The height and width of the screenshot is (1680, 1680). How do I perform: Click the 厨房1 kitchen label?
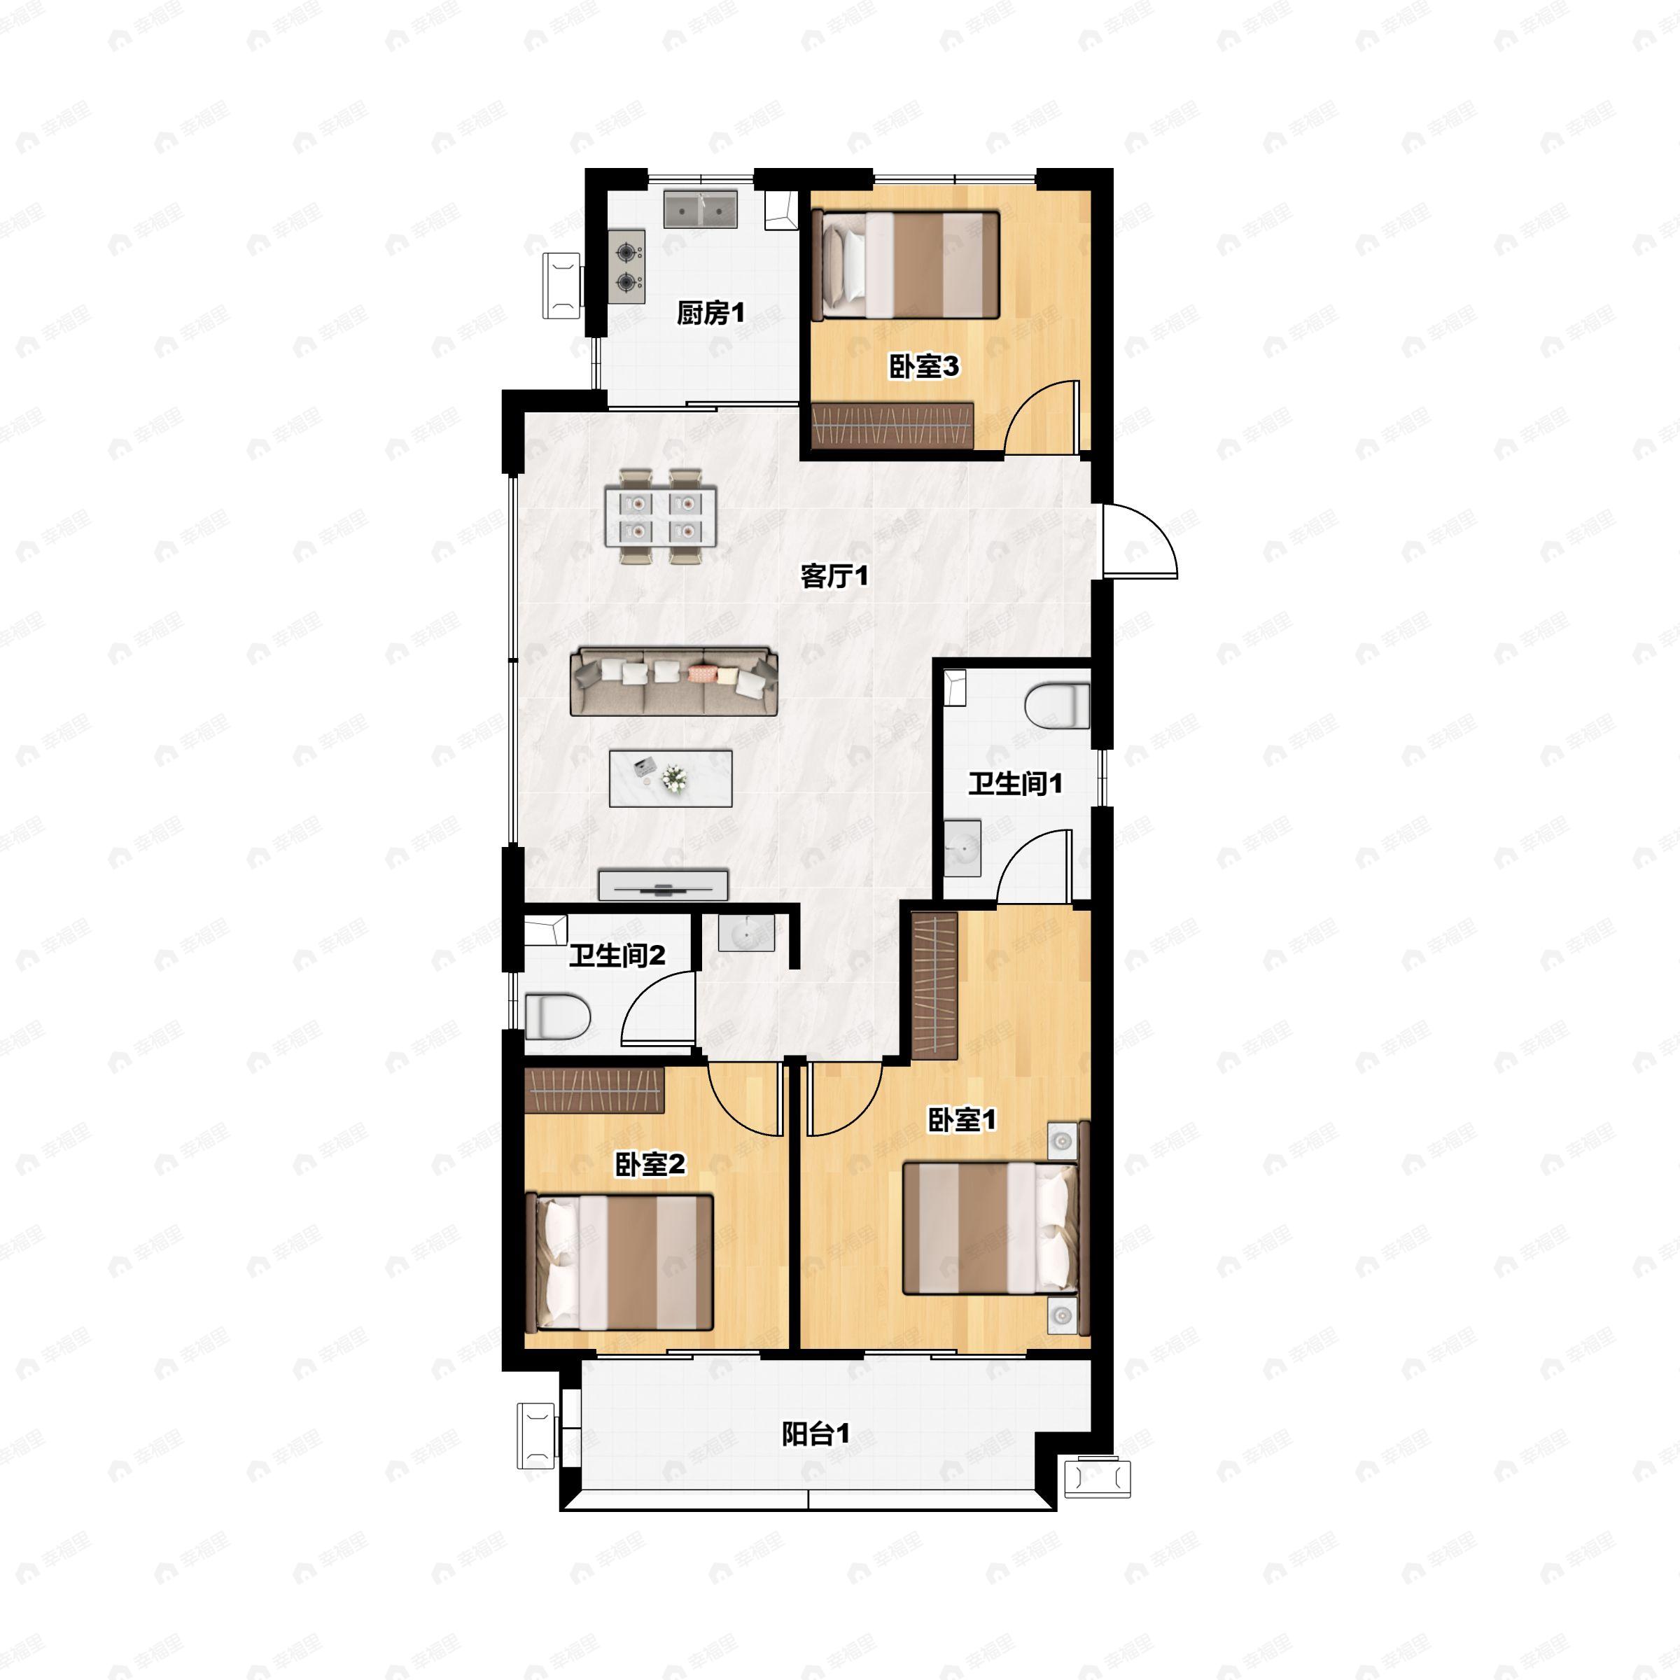tap(710, 312)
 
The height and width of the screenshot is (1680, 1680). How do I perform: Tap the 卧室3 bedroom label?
tap(923, 366)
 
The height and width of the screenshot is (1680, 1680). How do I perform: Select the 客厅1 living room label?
tap(834, 575)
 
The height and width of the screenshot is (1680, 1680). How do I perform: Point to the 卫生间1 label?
tap(1015, 783)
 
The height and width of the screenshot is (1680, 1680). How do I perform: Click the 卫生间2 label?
tap(617, 955)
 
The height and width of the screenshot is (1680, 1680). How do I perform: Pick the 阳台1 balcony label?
tap(815, 1434)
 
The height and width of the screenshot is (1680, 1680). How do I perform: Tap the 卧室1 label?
tap(962, 1119)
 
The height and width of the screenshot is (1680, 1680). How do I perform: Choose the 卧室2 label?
tap(650, 1163)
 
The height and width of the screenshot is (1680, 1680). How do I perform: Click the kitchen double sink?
tap(700, 209)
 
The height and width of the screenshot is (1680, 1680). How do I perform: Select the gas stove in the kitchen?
tap(626, 267)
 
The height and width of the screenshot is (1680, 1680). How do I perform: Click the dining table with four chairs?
tap(661, 517)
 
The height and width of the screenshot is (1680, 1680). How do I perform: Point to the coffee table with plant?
tap(670, 778)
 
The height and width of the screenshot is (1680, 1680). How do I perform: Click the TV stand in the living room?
tap(663, 884)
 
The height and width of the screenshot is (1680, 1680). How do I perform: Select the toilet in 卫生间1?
tap(1056, 705)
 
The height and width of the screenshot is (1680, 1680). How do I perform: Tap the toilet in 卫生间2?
tap(556, 1016)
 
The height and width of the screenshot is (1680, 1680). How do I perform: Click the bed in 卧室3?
tap(906, 265)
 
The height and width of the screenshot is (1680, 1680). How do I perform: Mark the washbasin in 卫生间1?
tap(962, 846)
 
